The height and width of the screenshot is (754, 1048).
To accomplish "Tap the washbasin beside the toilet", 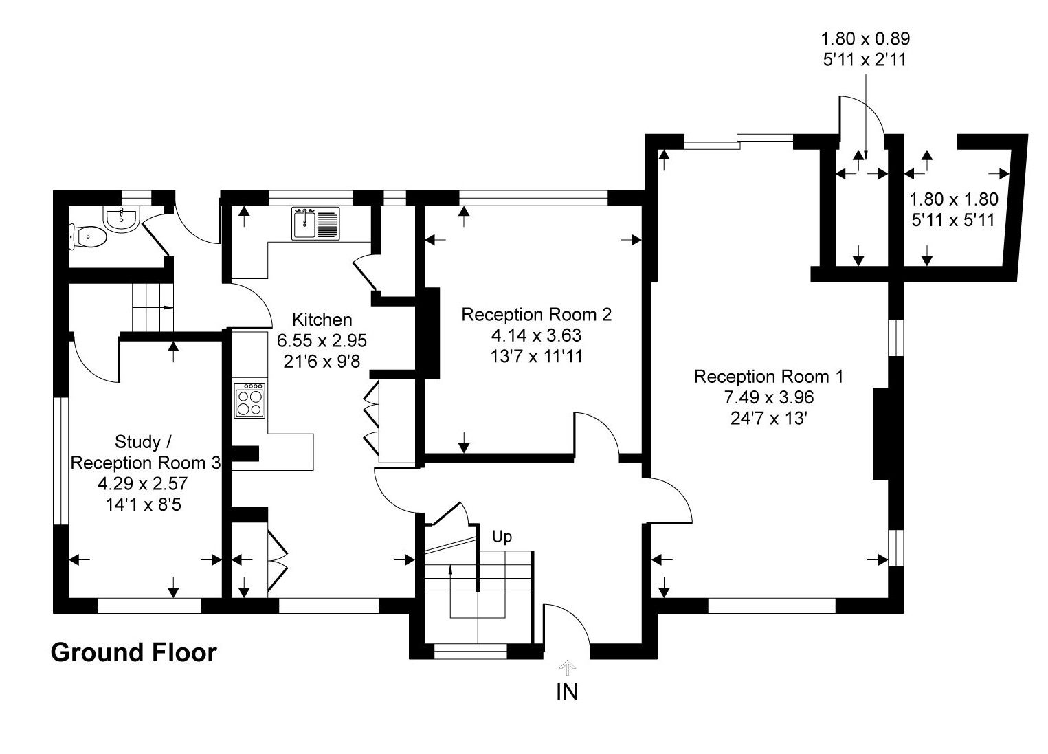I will (x=122, y=217).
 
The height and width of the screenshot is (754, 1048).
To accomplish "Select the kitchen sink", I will (x=315, y=223).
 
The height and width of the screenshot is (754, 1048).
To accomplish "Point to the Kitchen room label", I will (x=322, y=320).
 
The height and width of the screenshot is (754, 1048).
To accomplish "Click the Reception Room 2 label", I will (x=536, y=315).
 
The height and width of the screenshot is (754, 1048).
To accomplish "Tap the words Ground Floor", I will (x=133, y=652).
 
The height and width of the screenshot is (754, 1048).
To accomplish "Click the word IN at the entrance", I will (x=567, y=692).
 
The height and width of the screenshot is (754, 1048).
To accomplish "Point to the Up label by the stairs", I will (x=502, y=537).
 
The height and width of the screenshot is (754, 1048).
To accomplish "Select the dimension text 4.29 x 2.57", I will (x=143, y=484).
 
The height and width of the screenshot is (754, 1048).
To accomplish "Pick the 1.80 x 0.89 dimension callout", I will (x=865, y=39).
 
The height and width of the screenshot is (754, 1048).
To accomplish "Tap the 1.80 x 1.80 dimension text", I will (x=953, y=200).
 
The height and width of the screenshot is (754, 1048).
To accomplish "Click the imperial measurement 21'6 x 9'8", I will (x=322, y=361).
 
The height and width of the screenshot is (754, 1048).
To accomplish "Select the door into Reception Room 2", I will (x=597, y=433).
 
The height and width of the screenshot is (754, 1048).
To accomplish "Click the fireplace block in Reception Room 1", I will (x=882, y=433).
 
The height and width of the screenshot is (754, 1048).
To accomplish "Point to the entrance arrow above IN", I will (x=567, y=666).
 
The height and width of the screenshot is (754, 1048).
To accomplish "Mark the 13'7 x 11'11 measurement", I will (x=536, y=356).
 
